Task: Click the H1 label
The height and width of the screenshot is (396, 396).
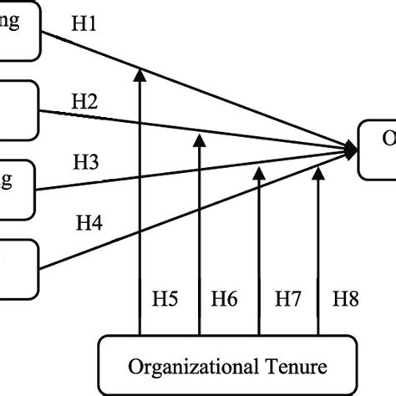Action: [84, 27]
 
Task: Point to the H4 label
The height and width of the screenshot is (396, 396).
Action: [90, 223]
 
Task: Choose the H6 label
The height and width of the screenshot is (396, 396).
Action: [225, 297]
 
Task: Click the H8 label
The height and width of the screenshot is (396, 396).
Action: [347, 297]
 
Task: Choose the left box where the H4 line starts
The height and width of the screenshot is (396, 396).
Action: [18, 266]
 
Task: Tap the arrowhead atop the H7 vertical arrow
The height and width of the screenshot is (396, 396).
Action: [260, 172]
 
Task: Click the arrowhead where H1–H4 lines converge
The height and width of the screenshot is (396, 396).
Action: [352, 150]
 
